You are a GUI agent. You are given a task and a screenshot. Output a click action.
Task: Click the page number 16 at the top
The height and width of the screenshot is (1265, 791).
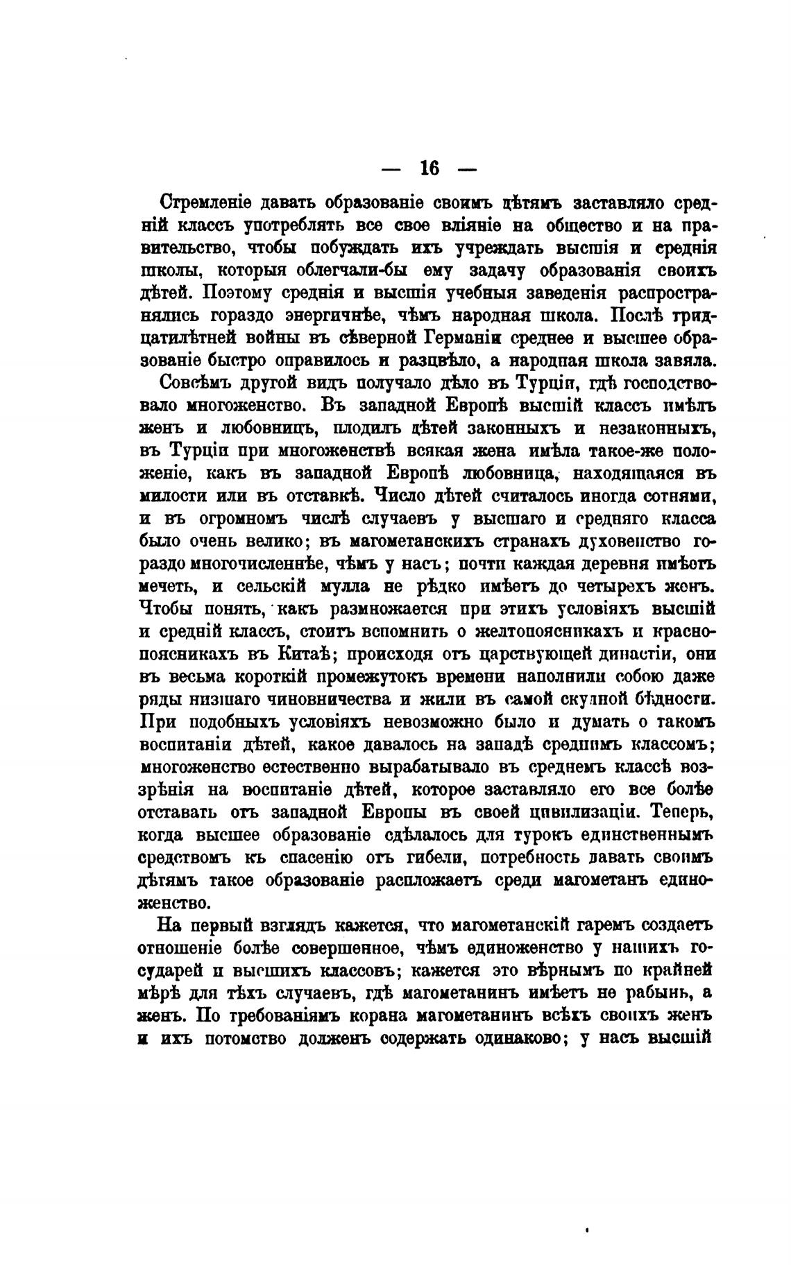[x=429, y=169]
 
